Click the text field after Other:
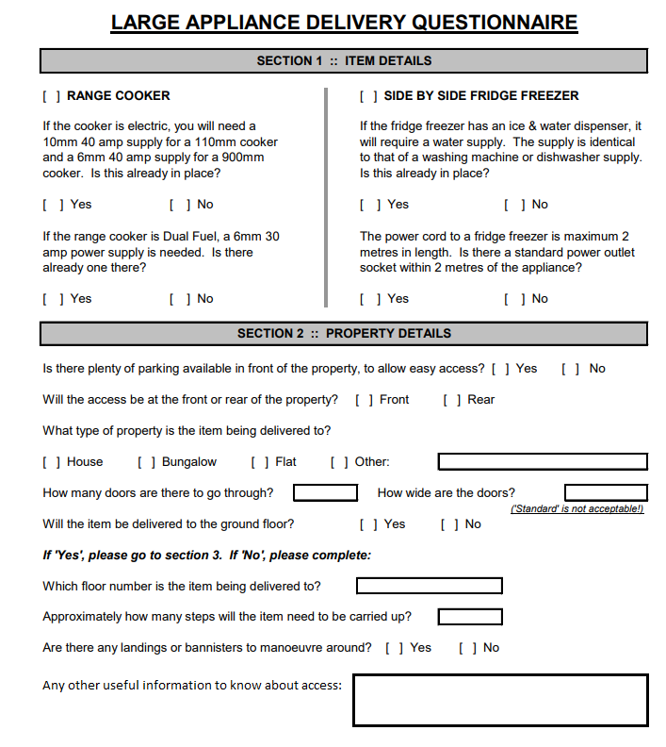(543, 461)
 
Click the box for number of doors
(325, 492)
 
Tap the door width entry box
(606, 492)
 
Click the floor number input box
(429, 586)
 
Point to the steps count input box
(470, 617)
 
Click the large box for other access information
(500, 700)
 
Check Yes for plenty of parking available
(500, 369)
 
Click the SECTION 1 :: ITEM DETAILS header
(344, 60)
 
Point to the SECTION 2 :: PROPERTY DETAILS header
(344, 333)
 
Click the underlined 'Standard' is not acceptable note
(577, 509)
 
